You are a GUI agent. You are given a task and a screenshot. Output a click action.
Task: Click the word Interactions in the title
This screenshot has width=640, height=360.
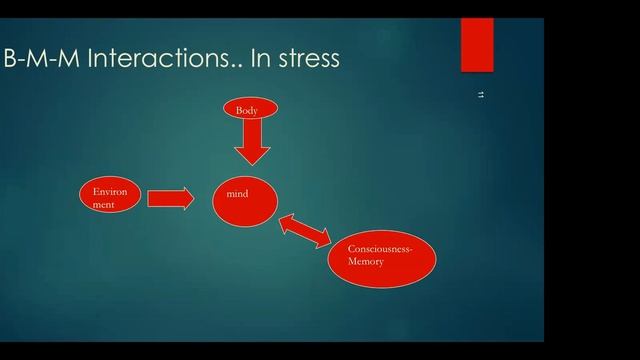click(x=150, y=59)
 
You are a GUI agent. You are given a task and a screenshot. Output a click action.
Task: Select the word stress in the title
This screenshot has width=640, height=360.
click(x=306, y=59)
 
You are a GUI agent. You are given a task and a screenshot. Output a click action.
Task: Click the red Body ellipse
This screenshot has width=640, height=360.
click(x=250, y=109)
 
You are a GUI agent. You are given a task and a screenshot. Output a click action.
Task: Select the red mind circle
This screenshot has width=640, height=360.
click(x=246, y=200)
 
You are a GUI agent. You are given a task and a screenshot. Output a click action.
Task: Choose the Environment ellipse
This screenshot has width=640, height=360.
click(x=107, y=197)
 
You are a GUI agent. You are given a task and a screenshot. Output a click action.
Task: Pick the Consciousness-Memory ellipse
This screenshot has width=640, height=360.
click(x=383, y=254)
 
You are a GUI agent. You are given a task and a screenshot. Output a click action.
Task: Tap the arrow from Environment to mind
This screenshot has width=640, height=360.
click(x=170, y=198)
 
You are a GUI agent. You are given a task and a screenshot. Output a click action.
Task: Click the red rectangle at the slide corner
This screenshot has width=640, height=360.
click(x=477, y=45)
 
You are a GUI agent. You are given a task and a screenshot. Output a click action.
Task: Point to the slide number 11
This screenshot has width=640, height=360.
click(x=481, y=95)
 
